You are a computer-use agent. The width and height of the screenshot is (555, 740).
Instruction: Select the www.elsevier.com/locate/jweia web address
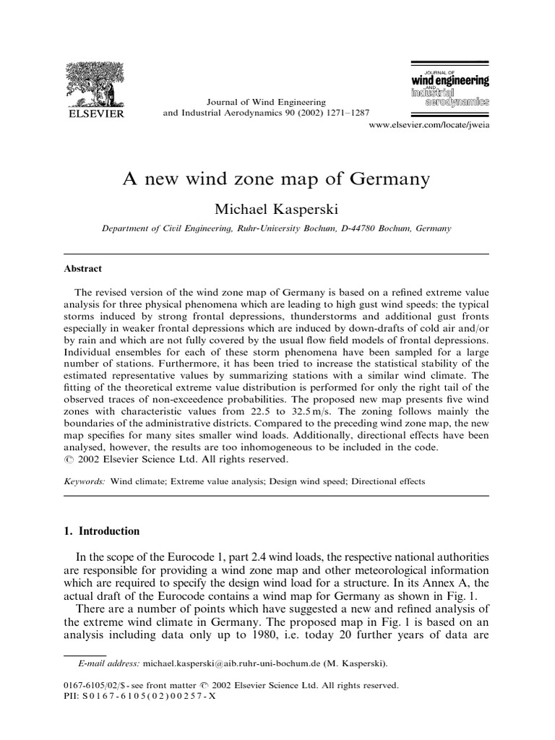click(429, 126)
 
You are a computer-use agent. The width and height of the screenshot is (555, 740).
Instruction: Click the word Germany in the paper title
click(393, 178)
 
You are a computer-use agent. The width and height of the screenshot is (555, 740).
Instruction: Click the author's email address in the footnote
click(233, 663)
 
